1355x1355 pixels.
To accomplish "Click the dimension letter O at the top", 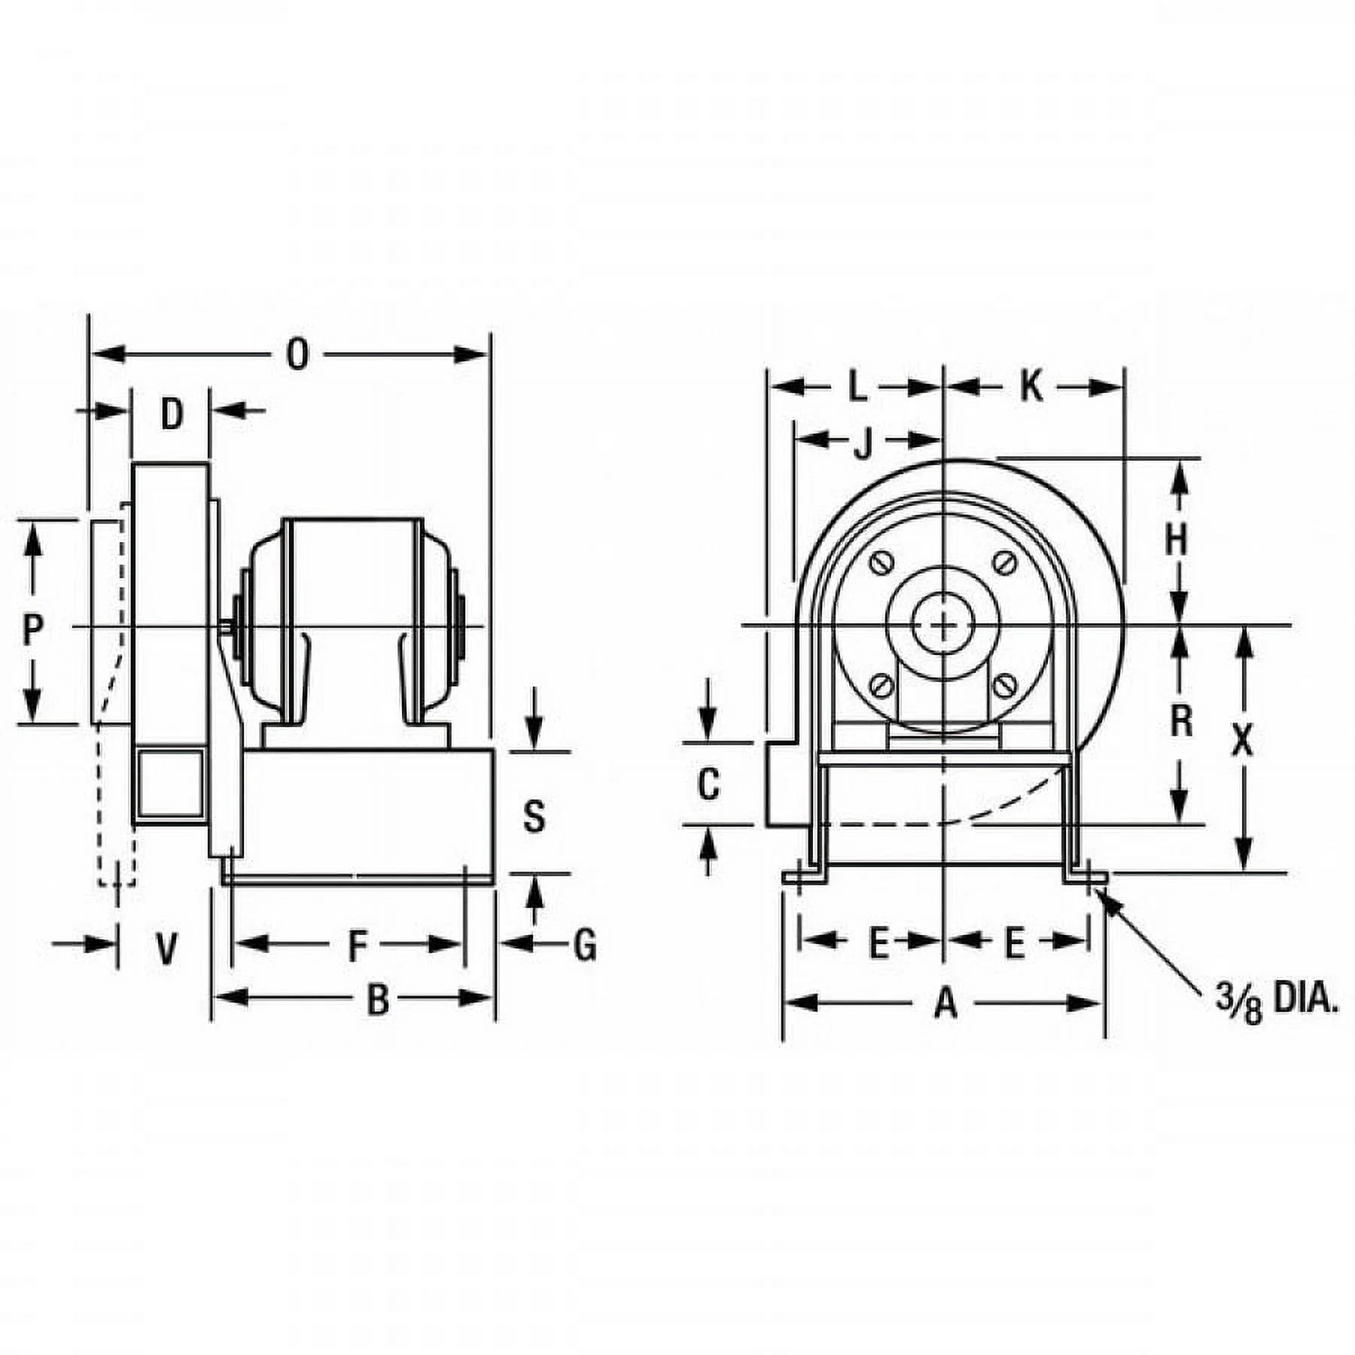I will [x=298, y=355].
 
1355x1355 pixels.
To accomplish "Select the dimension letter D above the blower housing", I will [x=172, y=415].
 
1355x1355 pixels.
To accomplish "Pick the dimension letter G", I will [x=585, y=945].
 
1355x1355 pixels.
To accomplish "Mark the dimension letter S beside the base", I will [x=534, y=817].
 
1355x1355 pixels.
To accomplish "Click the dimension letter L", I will [x=857, y=388].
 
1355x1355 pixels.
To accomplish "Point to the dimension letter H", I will [x=1176, y=539].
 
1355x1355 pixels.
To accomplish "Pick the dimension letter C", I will [x=708, y=784].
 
